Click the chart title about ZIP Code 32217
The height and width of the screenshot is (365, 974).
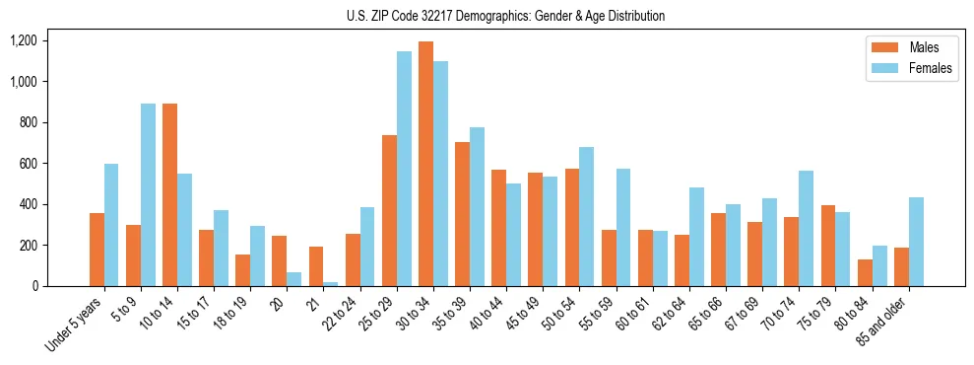click(x=505, y=16)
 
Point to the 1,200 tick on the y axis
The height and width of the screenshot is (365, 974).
click(x=23, y=40)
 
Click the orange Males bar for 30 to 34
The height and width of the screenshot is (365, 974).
click(x=425, y=164)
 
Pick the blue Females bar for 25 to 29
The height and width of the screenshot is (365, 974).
click(x=404, y=169)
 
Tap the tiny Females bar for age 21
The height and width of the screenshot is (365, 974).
click(x=331, y=284)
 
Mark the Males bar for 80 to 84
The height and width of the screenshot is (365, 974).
click(x=865, y=273)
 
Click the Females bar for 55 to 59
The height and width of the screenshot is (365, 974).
click(x=623, y=227)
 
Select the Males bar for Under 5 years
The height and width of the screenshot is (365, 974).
click(x=97, y=250)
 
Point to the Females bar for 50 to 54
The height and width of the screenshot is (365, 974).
click(x=587, y=216)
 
